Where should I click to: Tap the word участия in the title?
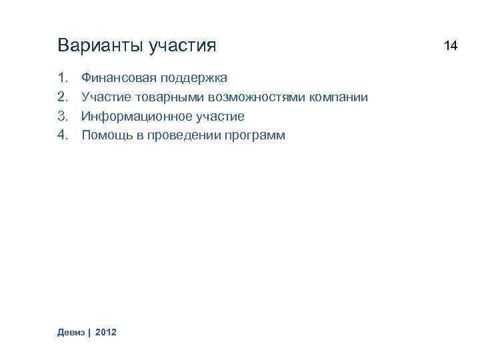coord(183,47)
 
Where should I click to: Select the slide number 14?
coord(451,46)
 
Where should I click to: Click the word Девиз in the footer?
coord(72,331)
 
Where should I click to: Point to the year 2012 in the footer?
coord(106,331)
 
